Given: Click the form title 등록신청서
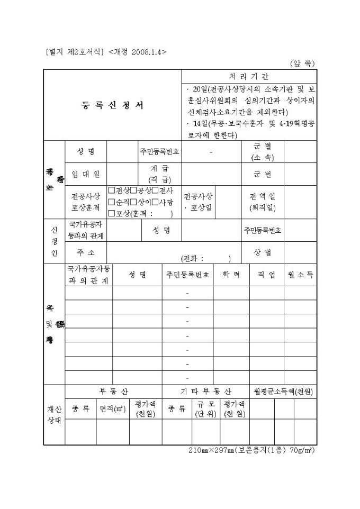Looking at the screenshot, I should coord(112,105).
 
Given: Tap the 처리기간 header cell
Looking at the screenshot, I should coord(249,76).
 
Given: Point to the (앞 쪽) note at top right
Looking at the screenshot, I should coord(302,63).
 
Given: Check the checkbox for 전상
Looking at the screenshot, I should coord(111,190).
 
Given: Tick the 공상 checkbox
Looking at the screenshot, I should coord(133,190).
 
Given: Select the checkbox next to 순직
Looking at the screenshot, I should coord(111,202).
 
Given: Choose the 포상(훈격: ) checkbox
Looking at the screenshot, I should coord(111,214).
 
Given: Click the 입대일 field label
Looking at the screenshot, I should coord(85,174).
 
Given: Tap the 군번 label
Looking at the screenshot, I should coord(263,174).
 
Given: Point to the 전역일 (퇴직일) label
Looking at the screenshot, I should coord(263,202).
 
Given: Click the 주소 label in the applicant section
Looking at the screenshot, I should coord(85,252).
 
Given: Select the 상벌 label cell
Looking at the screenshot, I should coord(263,252).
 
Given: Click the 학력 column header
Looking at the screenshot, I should coord(231,275).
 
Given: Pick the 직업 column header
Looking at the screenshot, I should coord(267,275).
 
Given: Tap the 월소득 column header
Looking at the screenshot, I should coord(300,275).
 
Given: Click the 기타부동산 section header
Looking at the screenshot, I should coord(206,392).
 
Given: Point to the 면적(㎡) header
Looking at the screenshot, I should coord(113,409).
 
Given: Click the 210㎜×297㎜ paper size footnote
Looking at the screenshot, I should coord(251,450).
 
